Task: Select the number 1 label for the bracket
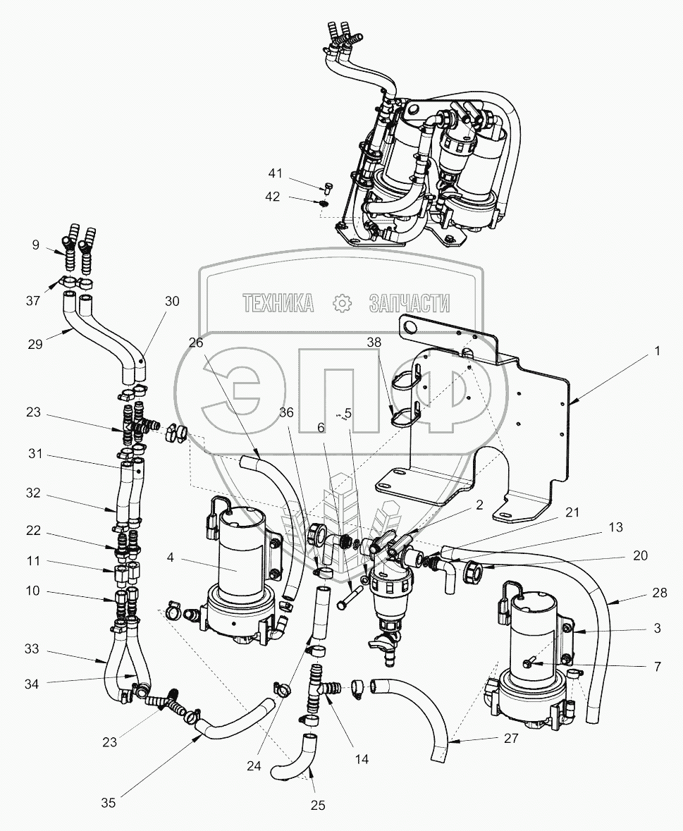658,350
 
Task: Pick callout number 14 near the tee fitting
362,760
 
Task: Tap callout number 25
317,805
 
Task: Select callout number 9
36,245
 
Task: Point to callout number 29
36,344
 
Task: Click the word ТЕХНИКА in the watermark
278,303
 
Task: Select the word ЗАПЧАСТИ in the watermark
409,303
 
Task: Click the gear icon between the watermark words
342,303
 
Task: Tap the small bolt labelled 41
327,187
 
